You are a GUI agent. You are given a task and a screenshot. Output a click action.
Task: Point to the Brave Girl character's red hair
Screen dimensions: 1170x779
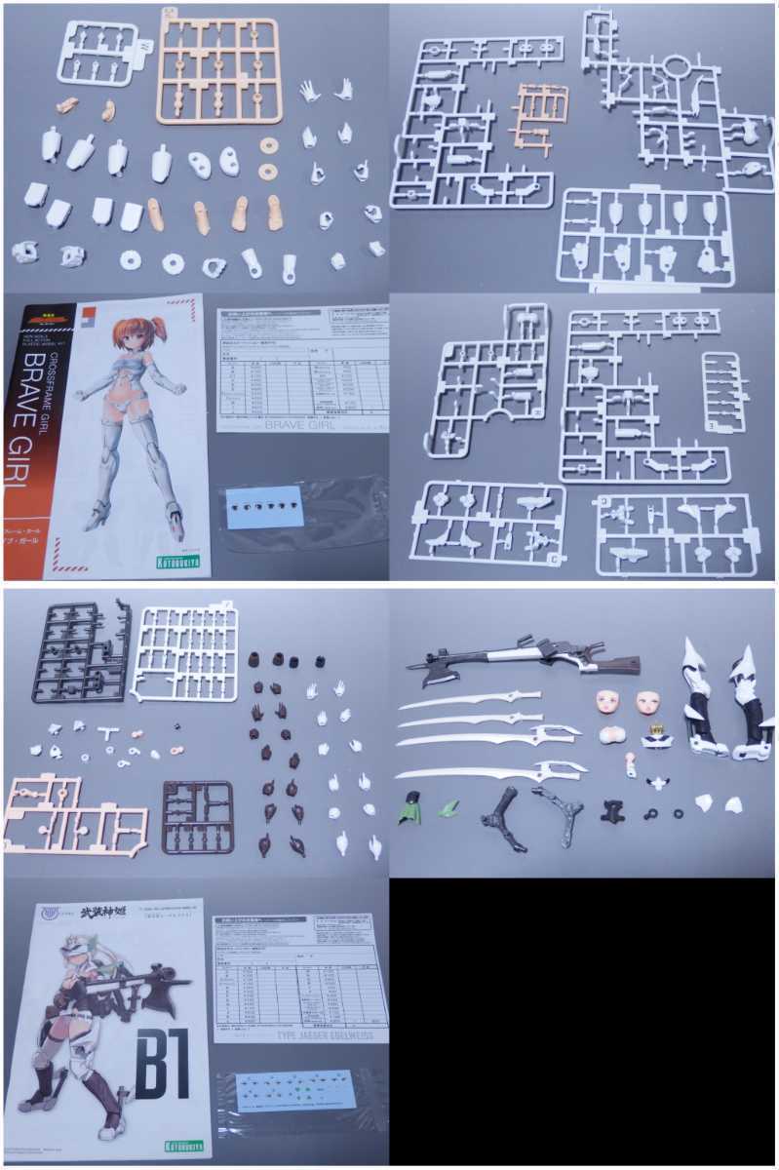click(x=132, y=336)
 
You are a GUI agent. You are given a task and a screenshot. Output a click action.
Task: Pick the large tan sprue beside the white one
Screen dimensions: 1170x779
click(x=219, y=70)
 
